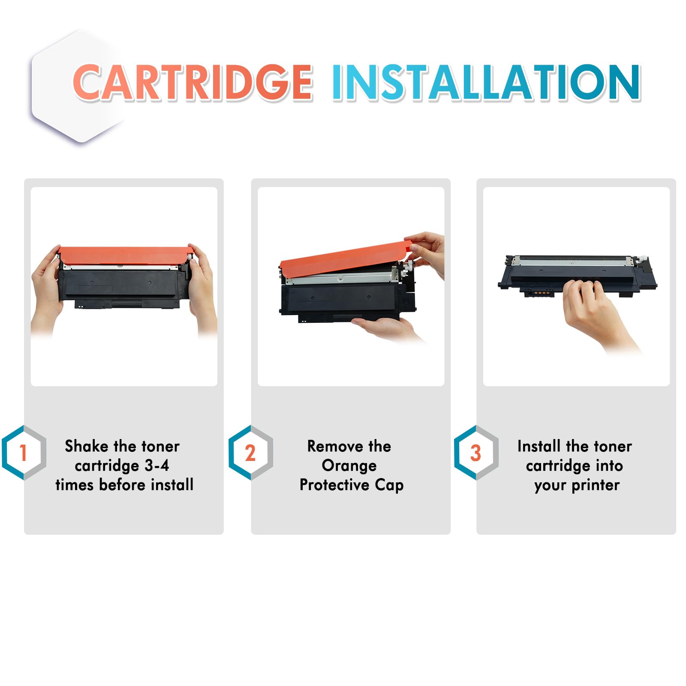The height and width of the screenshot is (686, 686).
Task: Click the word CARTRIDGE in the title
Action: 193,82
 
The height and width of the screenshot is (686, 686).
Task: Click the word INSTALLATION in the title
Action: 486,82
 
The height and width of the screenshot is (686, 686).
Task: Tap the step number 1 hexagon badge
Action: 24,453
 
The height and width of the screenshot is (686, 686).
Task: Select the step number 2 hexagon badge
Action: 250,453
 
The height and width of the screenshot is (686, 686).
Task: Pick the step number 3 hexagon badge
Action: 476,453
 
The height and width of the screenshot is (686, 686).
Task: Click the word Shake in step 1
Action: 86,446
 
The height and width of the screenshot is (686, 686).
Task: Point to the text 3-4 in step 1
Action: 156,466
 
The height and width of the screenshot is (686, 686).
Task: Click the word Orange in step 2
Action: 349,466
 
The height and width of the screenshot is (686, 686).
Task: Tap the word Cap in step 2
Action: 389,485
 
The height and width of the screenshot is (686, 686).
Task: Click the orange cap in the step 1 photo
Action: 124,255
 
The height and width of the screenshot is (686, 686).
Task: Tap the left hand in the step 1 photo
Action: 47,292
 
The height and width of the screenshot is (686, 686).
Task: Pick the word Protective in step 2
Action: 334,485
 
